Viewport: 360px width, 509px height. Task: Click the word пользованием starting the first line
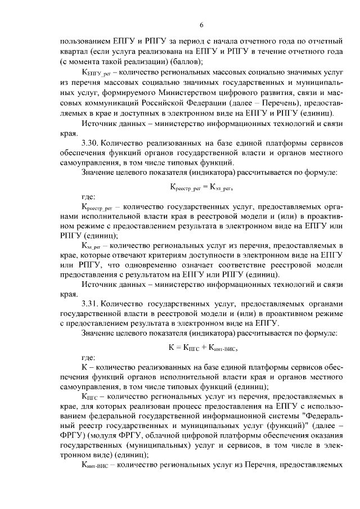pyautogui.click(x=86, y=42)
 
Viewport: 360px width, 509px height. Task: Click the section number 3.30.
pyautogui.click(x=92, y=144)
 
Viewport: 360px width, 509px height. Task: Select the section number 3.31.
pyautogui.click(x=92, y=307)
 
